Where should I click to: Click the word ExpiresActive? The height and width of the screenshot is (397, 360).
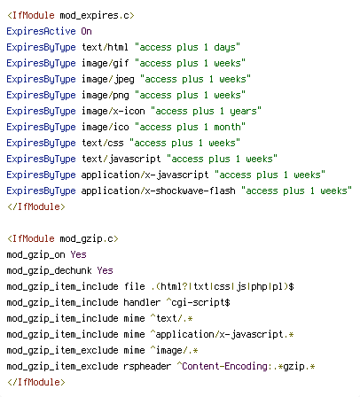[41, 31]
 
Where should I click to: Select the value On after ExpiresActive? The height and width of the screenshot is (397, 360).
[86, 31]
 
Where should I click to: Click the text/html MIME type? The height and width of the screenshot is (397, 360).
[105, 47]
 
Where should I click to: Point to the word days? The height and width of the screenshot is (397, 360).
[224, 48]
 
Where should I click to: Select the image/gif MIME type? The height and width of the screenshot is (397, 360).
[105, 64]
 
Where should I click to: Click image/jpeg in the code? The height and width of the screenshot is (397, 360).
[108, 80]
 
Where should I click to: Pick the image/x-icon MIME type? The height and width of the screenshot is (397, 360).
[113, 111]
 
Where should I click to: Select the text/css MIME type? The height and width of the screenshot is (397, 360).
[103, 143]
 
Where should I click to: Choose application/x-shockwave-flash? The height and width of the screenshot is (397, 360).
[159, 191]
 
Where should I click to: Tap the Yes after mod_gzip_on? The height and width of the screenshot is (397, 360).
[78, 254]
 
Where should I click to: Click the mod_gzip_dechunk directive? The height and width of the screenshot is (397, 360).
[49, 271]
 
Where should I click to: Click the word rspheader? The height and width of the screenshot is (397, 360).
[147, 367]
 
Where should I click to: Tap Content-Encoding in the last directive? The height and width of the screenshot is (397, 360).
[224, 366]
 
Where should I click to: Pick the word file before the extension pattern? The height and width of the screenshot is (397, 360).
[135, 286]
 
